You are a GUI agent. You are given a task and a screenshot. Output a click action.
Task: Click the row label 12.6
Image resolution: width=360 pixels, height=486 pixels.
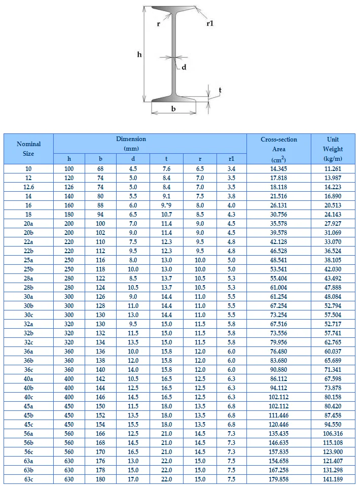pos(28,187)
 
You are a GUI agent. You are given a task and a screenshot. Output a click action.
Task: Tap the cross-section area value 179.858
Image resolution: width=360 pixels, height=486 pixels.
pos(279,479)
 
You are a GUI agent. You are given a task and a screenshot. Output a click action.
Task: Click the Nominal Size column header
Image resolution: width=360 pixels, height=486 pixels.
pos(28,149)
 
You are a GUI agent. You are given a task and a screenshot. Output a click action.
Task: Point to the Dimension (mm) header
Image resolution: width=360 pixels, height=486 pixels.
pos(131,144)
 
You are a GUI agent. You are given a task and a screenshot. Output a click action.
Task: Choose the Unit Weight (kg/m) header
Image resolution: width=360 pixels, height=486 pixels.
pos(333,149)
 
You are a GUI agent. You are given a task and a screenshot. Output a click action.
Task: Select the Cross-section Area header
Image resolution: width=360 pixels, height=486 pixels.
pos(279,149)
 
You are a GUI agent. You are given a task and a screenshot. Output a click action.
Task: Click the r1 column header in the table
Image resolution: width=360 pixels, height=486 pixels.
pos(231,159)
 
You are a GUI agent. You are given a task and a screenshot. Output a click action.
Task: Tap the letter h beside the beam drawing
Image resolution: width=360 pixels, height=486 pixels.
pos(139,55)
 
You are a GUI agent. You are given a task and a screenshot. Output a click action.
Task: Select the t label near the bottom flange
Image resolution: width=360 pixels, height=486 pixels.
pos(220,90)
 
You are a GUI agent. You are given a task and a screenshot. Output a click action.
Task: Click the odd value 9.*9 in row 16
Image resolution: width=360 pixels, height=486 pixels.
pos(166,205)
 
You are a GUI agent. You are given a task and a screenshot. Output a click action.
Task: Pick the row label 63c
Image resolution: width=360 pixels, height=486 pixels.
pos(28,479)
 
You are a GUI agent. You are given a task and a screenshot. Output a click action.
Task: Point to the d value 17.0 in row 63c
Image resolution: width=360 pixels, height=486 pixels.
pos(133,479)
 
